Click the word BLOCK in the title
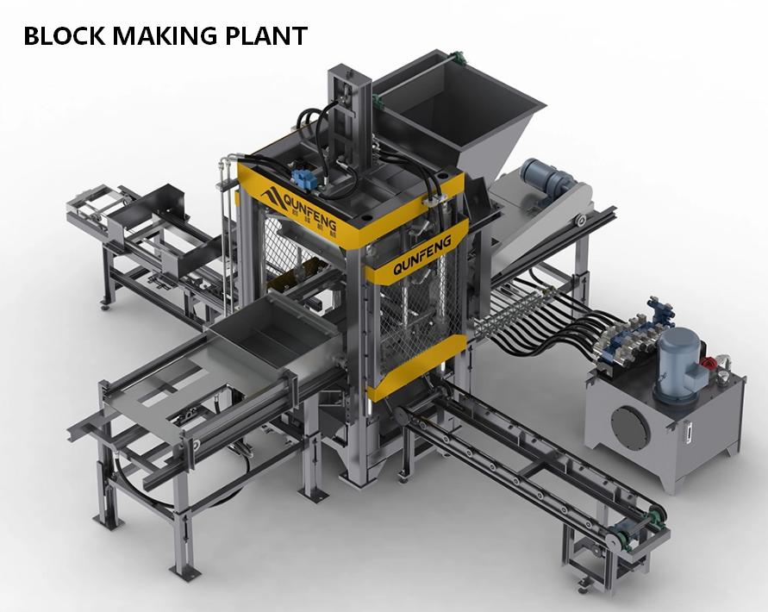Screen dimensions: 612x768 tap(59, 35)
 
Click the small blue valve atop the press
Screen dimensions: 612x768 tap(303, 178)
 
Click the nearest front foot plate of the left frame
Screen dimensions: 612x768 tap(183, 572)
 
